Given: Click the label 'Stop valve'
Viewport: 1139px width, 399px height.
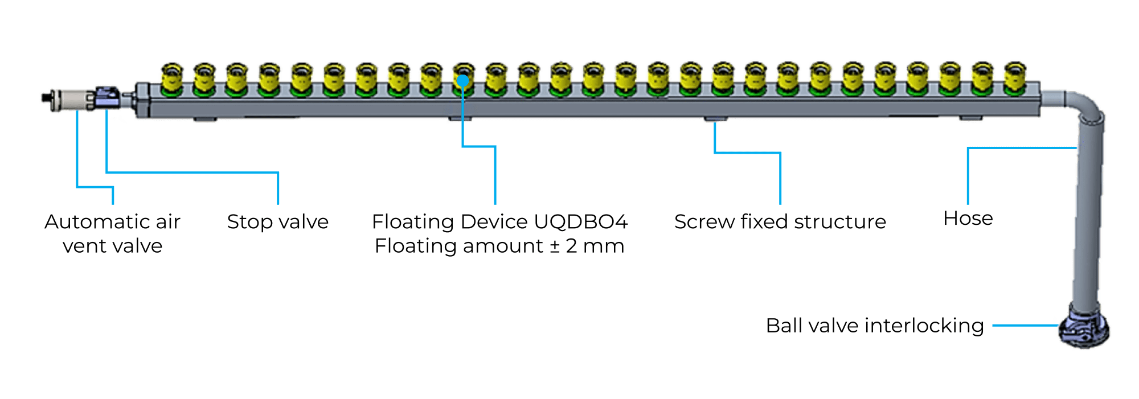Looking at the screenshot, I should tap(277, 221).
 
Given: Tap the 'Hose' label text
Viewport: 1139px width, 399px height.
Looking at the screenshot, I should tap(968, 219).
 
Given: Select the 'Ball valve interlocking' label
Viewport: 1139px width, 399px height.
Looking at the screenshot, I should tap(875, 326).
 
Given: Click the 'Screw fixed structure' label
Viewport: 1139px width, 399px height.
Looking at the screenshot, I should tap(780, 221).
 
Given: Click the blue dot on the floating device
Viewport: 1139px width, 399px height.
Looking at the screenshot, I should tap(462, 81).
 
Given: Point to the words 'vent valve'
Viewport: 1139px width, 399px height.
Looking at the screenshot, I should tap(113, 246).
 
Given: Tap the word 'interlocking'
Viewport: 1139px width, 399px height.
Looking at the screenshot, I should tap(924, 326).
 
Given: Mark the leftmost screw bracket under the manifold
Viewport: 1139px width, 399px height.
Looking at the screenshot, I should tap(205, 120).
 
